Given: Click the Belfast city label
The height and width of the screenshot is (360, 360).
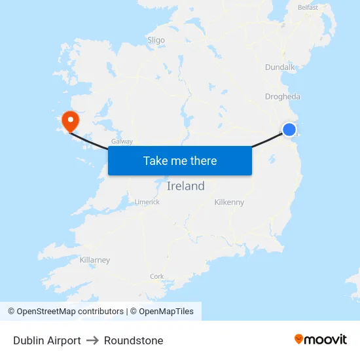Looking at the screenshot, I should pos(308,7).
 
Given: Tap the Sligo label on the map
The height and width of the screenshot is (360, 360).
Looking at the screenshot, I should pos(156,40).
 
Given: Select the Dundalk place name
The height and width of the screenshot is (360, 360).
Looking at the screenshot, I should pos(281,67).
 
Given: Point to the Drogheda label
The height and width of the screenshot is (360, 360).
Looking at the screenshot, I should pos(283,97).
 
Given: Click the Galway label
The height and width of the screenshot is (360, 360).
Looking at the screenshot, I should pos(122,141).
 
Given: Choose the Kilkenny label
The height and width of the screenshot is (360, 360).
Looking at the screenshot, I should pos(229,202).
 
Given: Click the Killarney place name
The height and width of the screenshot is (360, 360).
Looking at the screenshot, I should pos(95,260).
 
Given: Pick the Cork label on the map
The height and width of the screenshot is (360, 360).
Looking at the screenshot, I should pos(157,276).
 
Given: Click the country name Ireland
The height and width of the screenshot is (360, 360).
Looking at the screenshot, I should pos(186,186).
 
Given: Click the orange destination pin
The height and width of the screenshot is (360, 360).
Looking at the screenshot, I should pos(69,120).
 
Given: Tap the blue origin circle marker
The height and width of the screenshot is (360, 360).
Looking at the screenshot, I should pos(289,130).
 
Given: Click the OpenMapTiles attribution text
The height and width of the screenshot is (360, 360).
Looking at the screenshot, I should pos(166,312).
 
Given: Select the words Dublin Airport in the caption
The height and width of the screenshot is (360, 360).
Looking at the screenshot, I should pos(47,340).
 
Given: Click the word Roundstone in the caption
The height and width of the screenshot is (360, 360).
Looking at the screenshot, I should pos(134,340).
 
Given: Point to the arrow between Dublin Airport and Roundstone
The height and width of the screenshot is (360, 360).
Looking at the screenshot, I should pos(92,340).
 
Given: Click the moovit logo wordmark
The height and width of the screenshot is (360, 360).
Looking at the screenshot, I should pos(326,339).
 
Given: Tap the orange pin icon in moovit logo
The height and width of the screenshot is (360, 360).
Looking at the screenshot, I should pos(299,339).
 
